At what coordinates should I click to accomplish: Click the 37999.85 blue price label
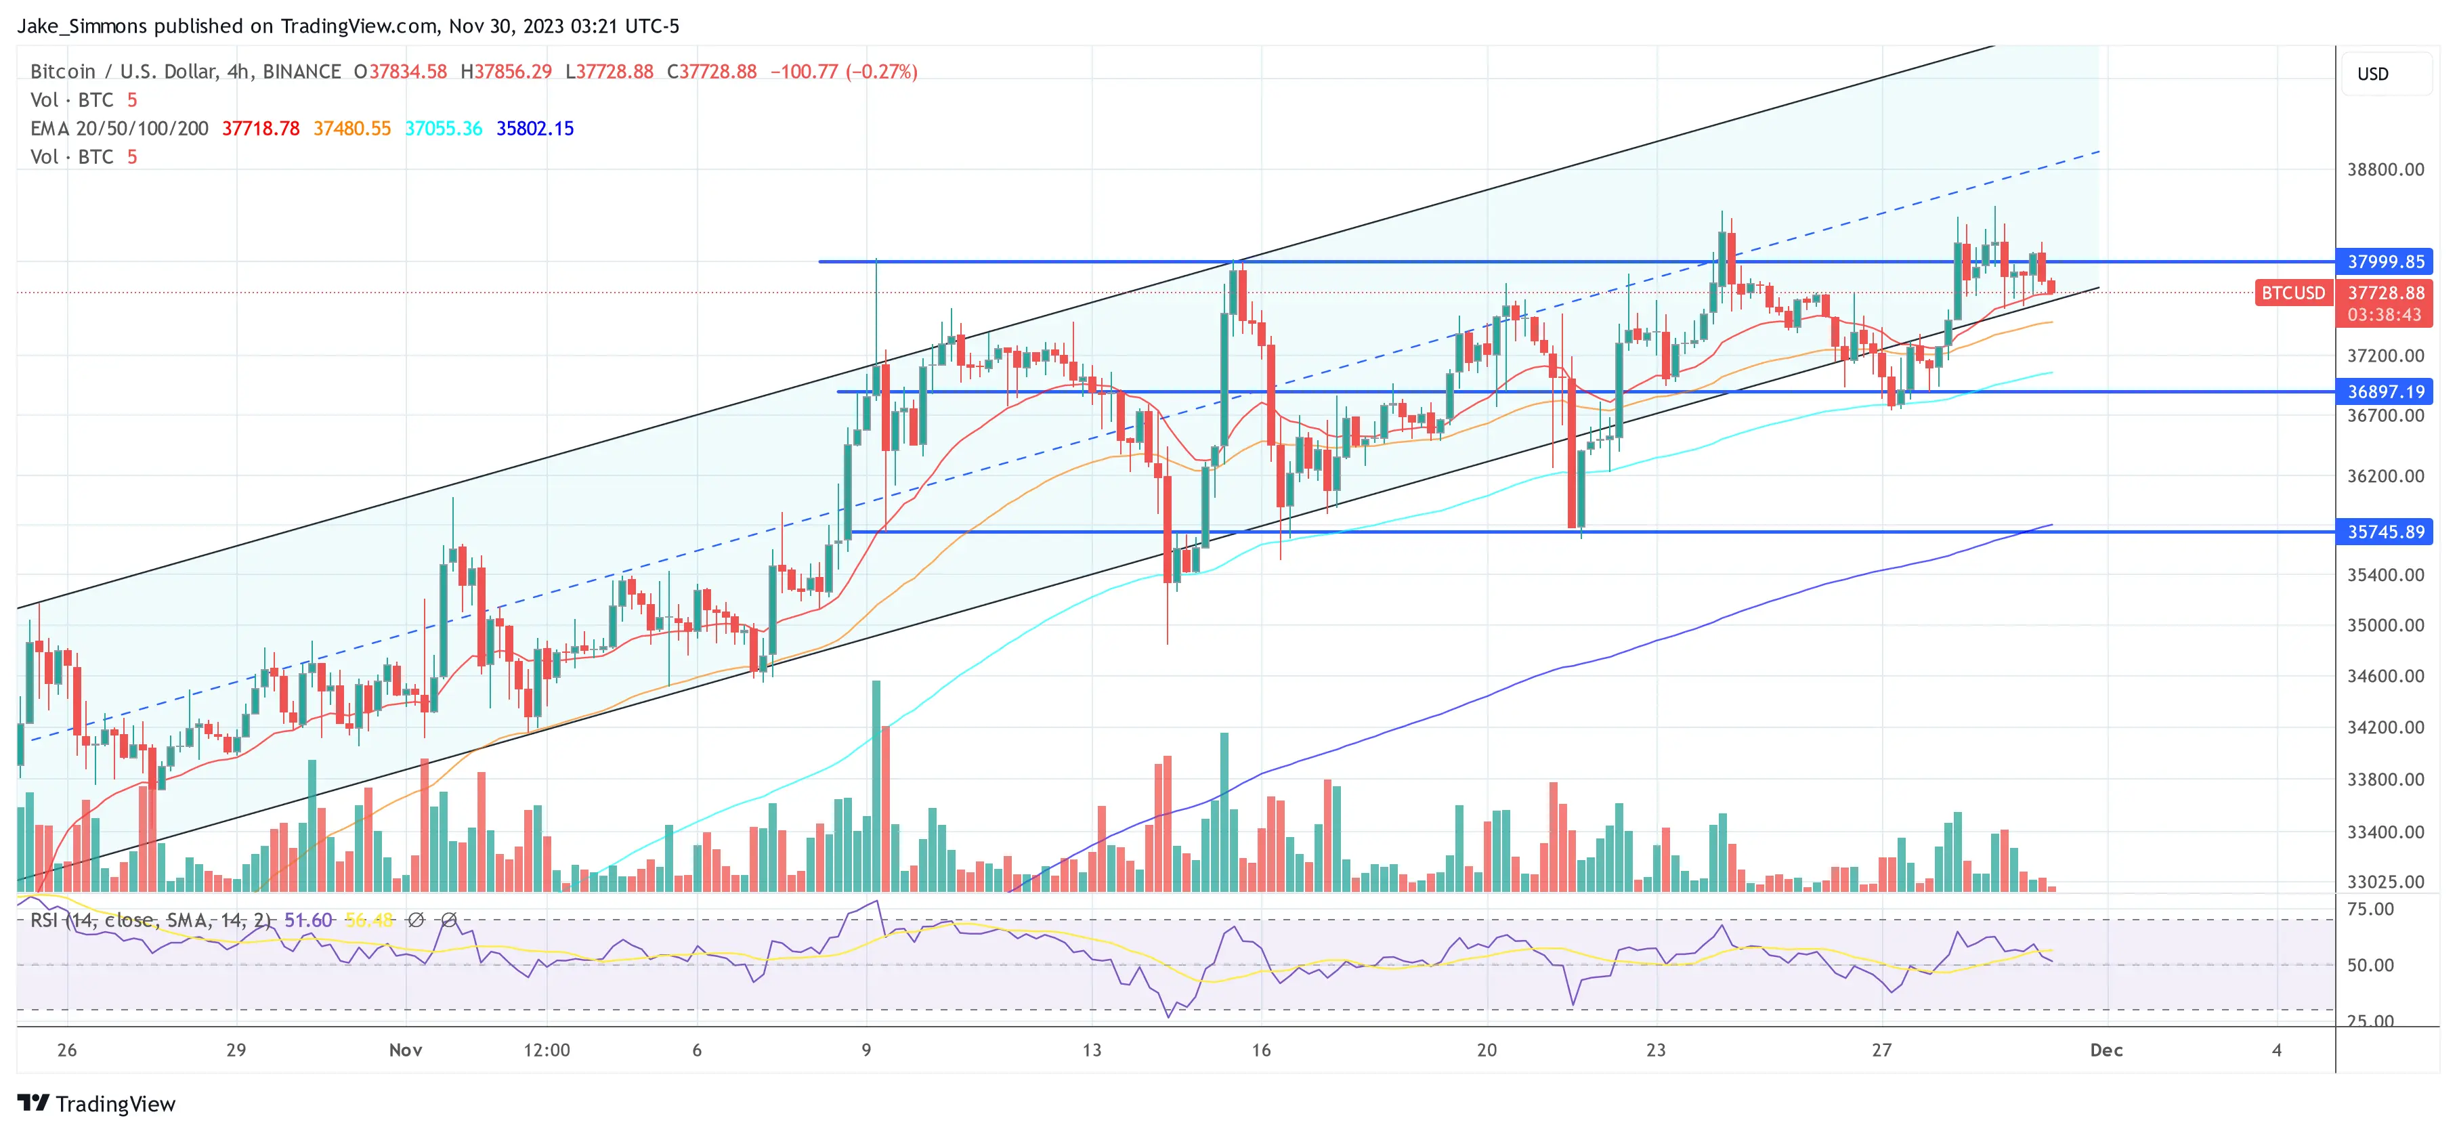tap(2385, 261)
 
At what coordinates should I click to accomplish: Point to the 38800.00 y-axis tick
tap(2385, 170)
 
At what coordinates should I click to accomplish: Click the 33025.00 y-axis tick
tap(2385, 881)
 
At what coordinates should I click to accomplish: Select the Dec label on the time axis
tap(2106, 1050)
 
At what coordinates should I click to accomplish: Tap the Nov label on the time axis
tap(406, 1050)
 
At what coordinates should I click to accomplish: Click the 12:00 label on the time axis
tap(547, 1050)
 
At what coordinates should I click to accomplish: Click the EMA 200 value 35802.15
tap(534, 129)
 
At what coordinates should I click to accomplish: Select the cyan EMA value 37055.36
tap(444, 129)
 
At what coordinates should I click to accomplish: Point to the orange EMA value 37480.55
tap(352, 129)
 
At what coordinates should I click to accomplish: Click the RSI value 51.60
tap(308, 920)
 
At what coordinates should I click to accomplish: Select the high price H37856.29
tap(505, 72)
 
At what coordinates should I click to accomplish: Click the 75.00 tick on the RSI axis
tap(2370, 909)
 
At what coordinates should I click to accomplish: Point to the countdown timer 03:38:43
tap(2384, 315)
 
